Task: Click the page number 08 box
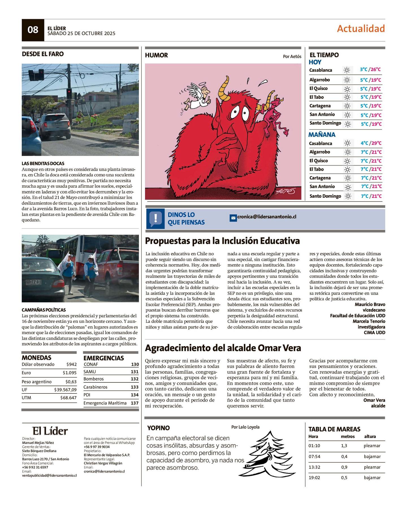point(33,30)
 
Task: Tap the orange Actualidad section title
point(361,29)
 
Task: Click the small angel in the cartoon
point(197,97)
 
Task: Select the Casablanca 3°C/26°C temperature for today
point(370,69)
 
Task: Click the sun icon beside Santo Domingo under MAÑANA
point(348,196)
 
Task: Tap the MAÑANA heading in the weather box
point(322,135)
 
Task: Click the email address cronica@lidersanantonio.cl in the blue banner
point(267,217)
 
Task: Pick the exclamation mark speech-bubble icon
point(155,218)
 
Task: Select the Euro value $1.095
point(70,373)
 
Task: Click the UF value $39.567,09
point(65,390)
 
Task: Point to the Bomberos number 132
point(135,379)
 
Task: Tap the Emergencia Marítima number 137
point(135,403)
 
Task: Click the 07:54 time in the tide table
point(314,456)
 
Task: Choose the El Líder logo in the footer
point(50,431)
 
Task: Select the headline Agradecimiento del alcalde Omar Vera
point(223,348)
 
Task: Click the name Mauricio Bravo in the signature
point(370,305)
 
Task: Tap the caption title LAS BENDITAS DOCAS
point(43,163)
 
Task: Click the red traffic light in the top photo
point(69,91)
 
